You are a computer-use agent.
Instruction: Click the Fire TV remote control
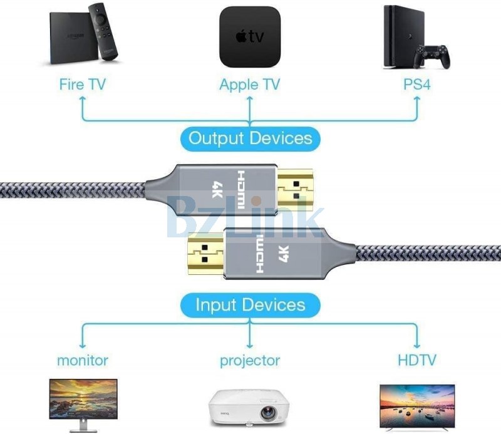click(103, 31)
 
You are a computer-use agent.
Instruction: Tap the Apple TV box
click(250, 37)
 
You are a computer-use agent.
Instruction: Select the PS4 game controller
click(431, 56)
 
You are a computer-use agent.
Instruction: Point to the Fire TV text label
click(83, 85)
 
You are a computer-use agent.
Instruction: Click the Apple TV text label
click(249, 85)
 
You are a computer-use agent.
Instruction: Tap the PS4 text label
click(416, 84)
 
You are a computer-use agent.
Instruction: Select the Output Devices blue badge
click(250, 138)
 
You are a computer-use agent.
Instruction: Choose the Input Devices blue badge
click(250, 305)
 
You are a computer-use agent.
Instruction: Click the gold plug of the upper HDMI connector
click(294, 189)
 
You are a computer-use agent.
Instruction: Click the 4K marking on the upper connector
click(217, 189)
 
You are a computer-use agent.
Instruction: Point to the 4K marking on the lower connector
click(284, 254)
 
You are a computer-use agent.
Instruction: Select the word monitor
click(83, 361)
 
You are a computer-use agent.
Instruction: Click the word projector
click(250, 361)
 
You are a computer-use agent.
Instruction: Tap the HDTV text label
click(417, 360)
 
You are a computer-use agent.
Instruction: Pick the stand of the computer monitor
click(83, 426)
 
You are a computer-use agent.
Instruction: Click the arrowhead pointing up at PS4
click(416, 100)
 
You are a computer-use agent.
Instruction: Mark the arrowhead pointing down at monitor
click(83, 345)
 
